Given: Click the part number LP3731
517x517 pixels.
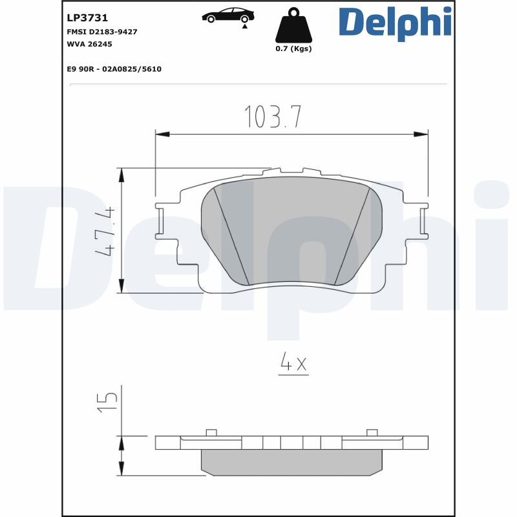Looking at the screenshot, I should tap(87, 18).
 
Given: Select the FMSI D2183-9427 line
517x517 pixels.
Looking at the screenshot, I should tap(102, 32).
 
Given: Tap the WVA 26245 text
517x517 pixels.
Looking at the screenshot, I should tap(89, 44).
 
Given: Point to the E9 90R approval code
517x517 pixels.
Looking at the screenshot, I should tap(114, 69).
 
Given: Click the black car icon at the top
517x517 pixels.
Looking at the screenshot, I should tap(227, 15).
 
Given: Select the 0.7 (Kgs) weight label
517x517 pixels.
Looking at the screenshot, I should tap(293, 49).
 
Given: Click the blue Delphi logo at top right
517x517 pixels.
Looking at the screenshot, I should tap(394, 23).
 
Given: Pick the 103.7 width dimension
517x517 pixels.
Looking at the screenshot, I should tap(273, 117).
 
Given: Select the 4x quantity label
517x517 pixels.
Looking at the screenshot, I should tap(293, 364).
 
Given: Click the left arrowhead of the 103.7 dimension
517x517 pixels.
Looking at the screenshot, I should tap(162, 134).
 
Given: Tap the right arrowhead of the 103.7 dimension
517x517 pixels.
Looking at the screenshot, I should tap(421, 134).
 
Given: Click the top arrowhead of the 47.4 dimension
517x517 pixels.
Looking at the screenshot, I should tap(121, 174).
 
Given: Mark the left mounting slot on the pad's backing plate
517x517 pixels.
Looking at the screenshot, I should tap(162, 221).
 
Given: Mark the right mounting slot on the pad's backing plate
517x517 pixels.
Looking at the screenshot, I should tap(423, 221).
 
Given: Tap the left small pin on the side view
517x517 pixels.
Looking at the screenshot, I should tap(211, 432).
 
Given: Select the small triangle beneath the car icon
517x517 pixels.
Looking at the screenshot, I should tap(245, 26).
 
